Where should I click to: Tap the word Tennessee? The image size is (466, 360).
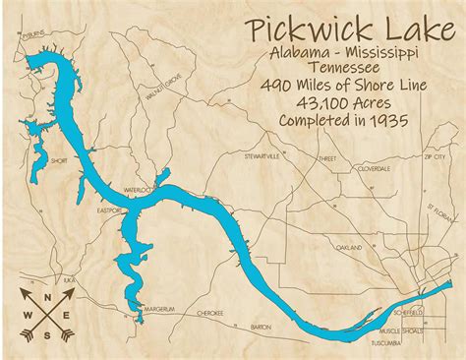coord(336,67)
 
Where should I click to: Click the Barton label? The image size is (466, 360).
coord(261,326)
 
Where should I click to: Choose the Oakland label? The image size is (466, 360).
coord(349,247)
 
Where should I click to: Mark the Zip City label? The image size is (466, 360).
coord(434,156)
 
